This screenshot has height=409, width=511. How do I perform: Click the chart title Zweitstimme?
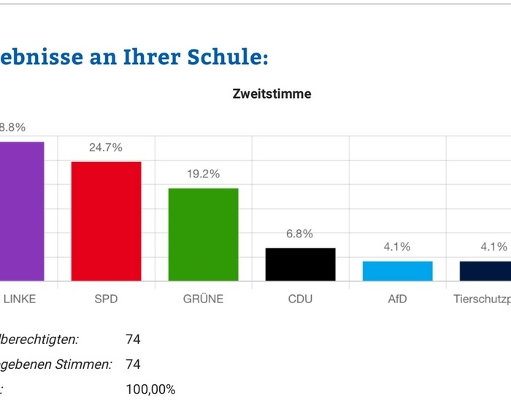click(272, 93)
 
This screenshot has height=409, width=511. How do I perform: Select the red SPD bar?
click(106, 221)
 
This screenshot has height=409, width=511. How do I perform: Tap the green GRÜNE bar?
click(204, 234)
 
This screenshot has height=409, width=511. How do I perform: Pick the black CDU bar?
click(300, 264)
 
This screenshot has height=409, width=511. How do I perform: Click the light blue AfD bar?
click(397, 271)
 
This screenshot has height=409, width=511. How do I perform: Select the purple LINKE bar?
click(22, 211)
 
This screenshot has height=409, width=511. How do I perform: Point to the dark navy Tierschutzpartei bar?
click(485, 271)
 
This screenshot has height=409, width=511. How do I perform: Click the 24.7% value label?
click(105, 148)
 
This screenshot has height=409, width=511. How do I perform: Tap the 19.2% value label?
click(204, 175)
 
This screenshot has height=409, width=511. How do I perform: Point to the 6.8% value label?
click(299, 234)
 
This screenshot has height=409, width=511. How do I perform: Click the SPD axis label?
click(106, 299)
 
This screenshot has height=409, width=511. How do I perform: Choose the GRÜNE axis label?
click(204, 299)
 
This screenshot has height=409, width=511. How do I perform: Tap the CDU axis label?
click(300, 299)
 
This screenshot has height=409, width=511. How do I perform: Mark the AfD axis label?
click(397, 299)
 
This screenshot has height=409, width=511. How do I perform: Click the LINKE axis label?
click(20, 299)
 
